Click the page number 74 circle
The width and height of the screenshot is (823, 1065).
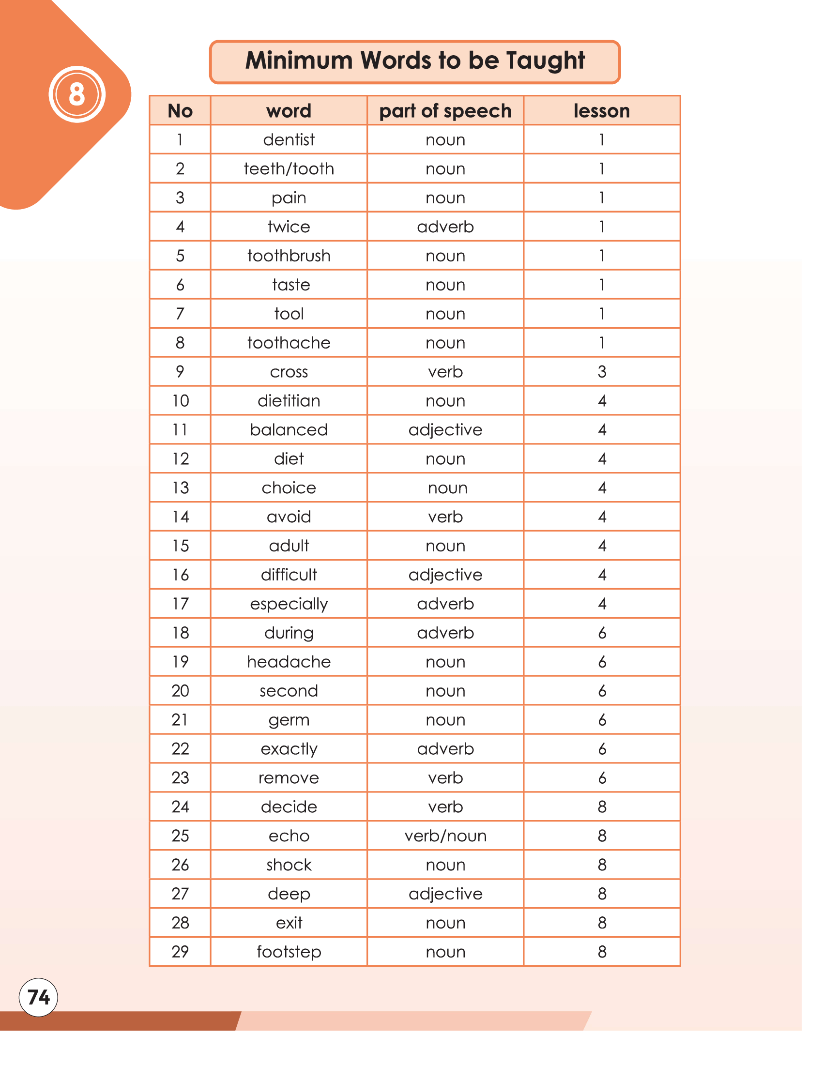pyautogui.click(x=38, y=997)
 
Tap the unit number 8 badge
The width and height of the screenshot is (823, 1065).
pyautogui.click(x=77, y=94)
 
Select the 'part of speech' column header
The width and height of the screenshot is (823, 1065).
pyautogui.click(x=445, y=111)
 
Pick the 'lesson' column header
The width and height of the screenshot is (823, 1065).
pyautogui.click(x=602, y=111)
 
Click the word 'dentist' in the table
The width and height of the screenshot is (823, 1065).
pyautogui.click(x=289, y=140)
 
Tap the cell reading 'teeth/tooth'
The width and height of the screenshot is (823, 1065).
pyautogui.click(x=289, y=169)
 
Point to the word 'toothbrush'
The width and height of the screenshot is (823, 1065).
pyautogui.click(x=289, y=256)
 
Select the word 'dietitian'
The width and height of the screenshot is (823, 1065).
pyautogui.click(x=289, y=401)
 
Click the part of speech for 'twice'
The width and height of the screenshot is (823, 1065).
pyautogui.click(x=445, y=227)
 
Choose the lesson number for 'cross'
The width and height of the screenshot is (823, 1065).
pyautogui.click(x=602, y=372)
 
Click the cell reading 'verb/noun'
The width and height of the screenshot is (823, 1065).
pyautogui.click(x=445, y=836)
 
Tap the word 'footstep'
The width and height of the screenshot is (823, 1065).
pyautogui.click(x=289, y=952)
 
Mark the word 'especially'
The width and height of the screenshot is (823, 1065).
pyautogui.click(x=289, y=604)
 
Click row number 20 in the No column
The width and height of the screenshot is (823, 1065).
pyautogui.click(x=180, y=691)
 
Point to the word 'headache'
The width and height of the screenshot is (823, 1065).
pyautogui.click(x=289, y=662)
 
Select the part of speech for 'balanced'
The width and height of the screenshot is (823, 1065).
pyautogui.click(x=445, y=429)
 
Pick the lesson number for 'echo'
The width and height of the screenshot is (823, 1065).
pyautogui.click(x=602, y=836)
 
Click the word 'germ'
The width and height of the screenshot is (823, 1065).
pyautogui.click(x=289, y=720)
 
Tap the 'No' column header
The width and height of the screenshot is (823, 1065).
pyautogui.click(x=180, y=111)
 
